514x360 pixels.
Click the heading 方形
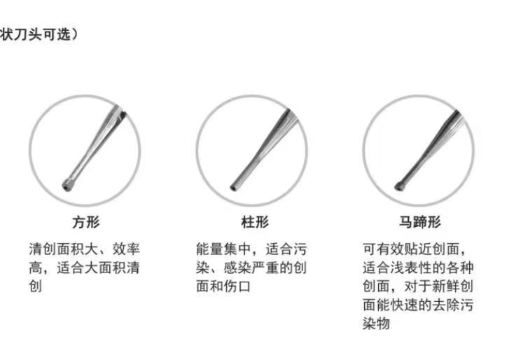(85, 223)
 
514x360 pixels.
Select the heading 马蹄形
(420, 223)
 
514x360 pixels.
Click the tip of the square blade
(67, 186)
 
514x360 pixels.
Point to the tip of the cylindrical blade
(233, 187)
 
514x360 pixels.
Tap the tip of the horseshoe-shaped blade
(399, 186)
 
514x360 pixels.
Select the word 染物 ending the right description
(377, 324)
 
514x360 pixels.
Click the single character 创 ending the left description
(36, 286)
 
